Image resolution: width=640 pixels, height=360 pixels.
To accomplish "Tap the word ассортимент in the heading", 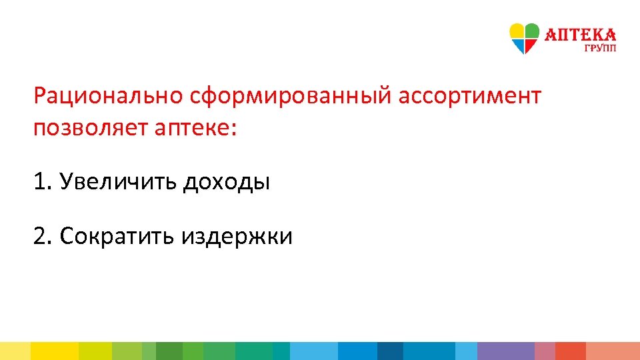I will coord(470,96).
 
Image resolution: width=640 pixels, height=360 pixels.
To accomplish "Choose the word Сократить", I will coord(117,235).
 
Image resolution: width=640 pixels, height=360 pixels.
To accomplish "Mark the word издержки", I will coord(236,235).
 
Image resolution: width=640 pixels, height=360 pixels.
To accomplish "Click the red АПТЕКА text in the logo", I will coord(581,35).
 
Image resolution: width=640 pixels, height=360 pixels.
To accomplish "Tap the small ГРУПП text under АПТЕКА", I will coord(600,48).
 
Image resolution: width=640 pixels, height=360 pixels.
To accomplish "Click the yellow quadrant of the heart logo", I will coord(517,31).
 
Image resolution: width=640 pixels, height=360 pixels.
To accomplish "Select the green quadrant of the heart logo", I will coord(531,31).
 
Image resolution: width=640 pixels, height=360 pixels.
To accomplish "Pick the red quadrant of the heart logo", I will coord(529,45).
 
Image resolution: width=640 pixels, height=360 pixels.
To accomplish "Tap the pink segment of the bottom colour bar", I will coord(545,351).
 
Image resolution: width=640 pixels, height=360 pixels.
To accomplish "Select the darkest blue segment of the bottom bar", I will coord(390,351).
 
